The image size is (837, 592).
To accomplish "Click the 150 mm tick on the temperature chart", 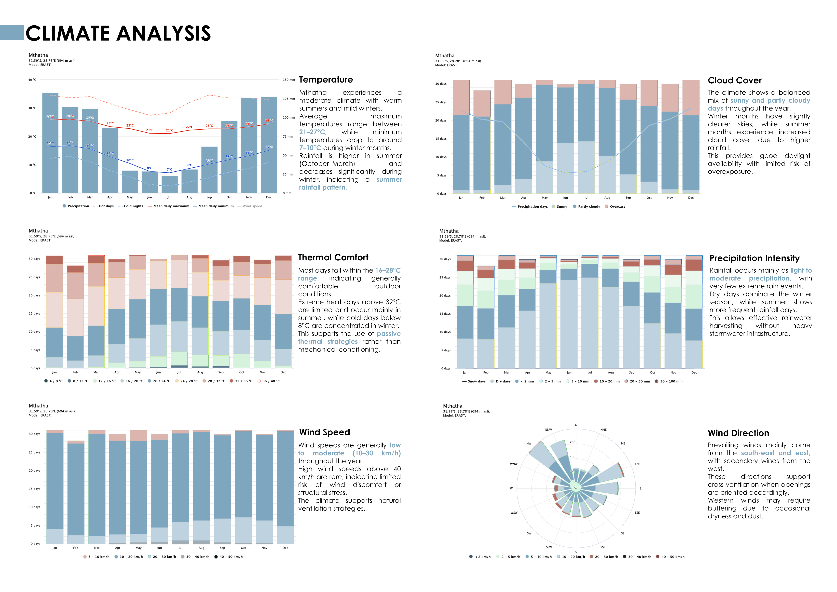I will pos(289,80).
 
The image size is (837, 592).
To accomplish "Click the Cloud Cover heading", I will pos(735,80).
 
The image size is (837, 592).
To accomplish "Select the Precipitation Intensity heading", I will pos(754,259).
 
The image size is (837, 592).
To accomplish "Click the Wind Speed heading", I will pos(324,432).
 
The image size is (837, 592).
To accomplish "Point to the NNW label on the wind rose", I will pos(548,430).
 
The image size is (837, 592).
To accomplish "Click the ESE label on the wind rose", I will pos(637,513).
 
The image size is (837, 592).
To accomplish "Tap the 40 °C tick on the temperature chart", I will pos(32,80).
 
